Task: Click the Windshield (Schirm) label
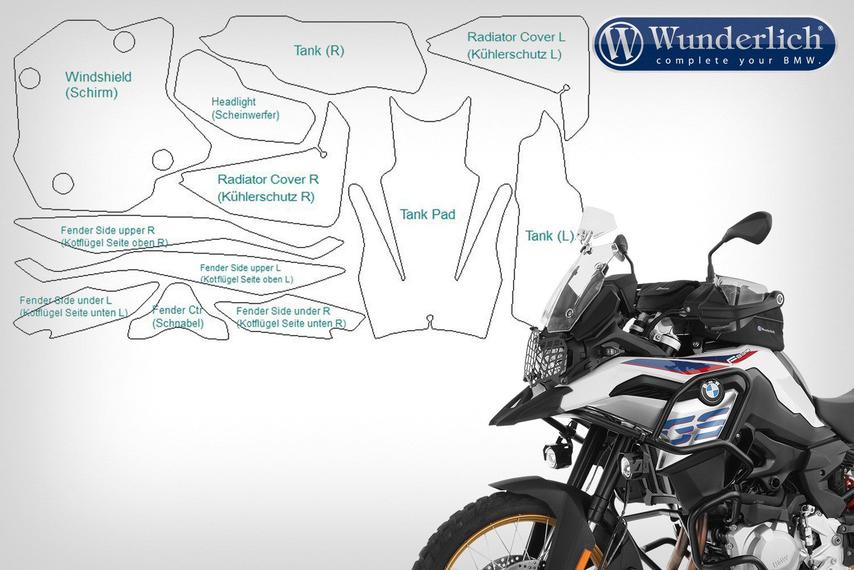click(x=98, y=85)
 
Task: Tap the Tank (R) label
click(x=319, y=51)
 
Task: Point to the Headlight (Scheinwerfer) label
click(x=245, y=108)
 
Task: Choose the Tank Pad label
click(x=428, y=214)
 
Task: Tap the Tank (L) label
click(x=549, y=236)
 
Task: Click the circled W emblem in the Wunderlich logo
click(x=621, y=43)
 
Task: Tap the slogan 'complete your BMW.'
click(x=738, y=60)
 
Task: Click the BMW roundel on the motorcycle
click(x=712, y=392)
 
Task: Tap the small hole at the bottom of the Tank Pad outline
click(x=430, y=318)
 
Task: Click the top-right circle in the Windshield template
click(x=124, y=42)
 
